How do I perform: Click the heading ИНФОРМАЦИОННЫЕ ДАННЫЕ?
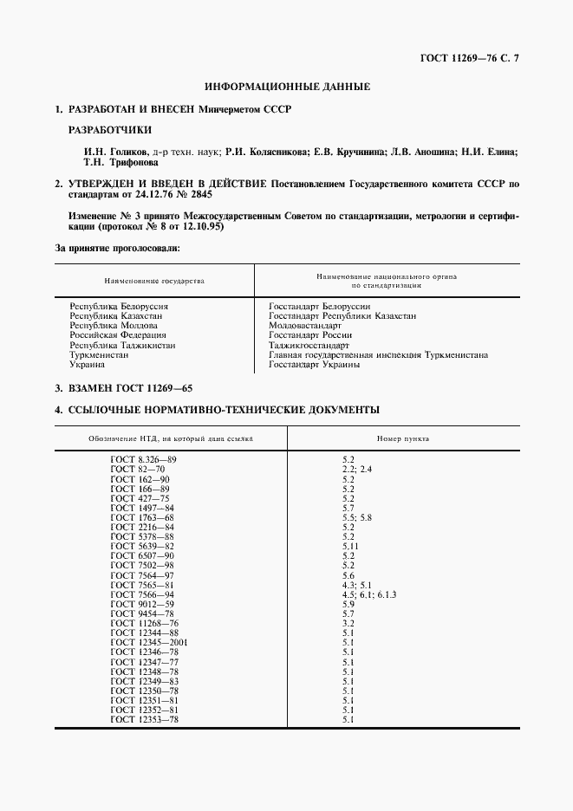(x=287, y=87)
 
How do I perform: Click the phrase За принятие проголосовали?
(x=118, y=249)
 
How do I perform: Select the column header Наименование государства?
(x=154, y=282)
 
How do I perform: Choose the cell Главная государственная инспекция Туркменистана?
(x=378, y=354)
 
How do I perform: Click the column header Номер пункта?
(x=404, y=438)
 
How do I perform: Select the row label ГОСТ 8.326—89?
(x=145, y=458)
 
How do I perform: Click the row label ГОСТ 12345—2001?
(x=150, y=642)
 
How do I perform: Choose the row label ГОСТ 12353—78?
(x=145, y=720)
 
